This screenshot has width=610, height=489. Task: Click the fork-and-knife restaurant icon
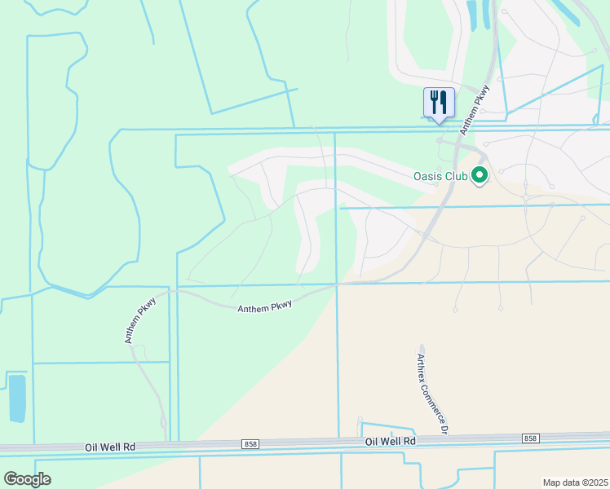coord(439,103)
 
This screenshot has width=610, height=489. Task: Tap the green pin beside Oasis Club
coord(480,175)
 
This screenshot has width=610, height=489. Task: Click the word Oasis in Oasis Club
coord(428,176)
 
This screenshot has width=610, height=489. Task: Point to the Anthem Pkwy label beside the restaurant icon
coord(474,109)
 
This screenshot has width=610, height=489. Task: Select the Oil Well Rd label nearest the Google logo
coord(109,447)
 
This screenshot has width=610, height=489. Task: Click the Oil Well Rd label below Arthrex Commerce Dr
coord(391,441)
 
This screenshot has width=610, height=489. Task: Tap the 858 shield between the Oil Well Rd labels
coord(250,443)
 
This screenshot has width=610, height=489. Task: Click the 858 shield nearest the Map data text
coord(530,438)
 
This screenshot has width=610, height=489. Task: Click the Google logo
coord(27,479)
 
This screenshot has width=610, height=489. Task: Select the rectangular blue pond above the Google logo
coord(16,398)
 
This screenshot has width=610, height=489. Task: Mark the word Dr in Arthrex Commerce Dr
coord(445,427)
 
